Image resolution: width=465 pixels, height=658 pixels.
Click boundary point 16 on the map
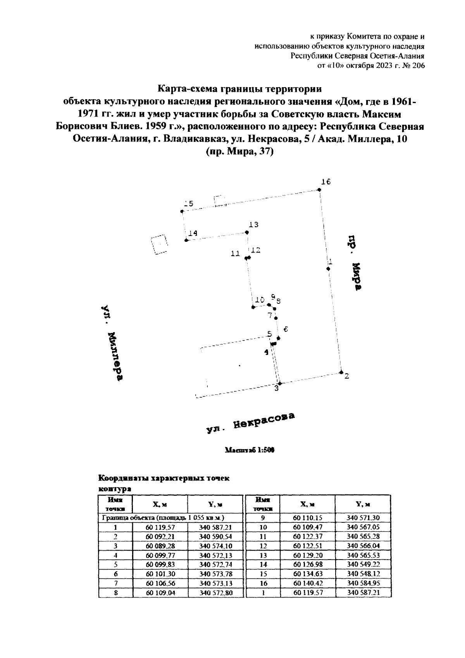(319, 190)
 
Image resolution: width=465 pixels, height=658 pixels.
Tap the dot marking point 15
(182, 211)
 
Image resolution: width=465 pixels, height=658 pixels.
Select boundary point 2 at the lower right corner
(341, 372)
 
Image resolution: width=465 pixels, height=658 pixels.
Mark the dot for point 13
(247, 233)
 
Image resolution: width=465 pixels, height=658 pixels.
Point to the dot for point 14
(186, 240)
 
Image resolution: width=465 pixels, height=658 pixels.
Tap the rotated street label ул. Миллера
(112, 343)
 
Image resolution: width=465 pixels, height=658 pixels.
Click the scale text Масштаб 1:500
(249, 450)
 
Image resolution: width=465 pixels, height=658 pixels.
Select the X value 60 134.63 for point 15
(308, 574)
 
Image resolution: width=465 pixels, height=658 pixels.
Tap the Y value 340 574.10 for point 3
(215, 546)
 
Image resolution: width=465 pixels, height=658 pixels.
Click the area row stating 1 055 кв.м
(163, 518)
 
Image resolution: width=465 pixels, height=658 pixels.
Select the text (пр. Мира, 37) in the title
(239, 152)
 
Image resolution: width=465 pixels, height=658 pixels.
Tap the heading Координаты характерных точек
(164, 478)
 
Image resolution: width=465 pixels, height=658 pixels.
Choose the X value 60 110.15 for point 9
(308, 518)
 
